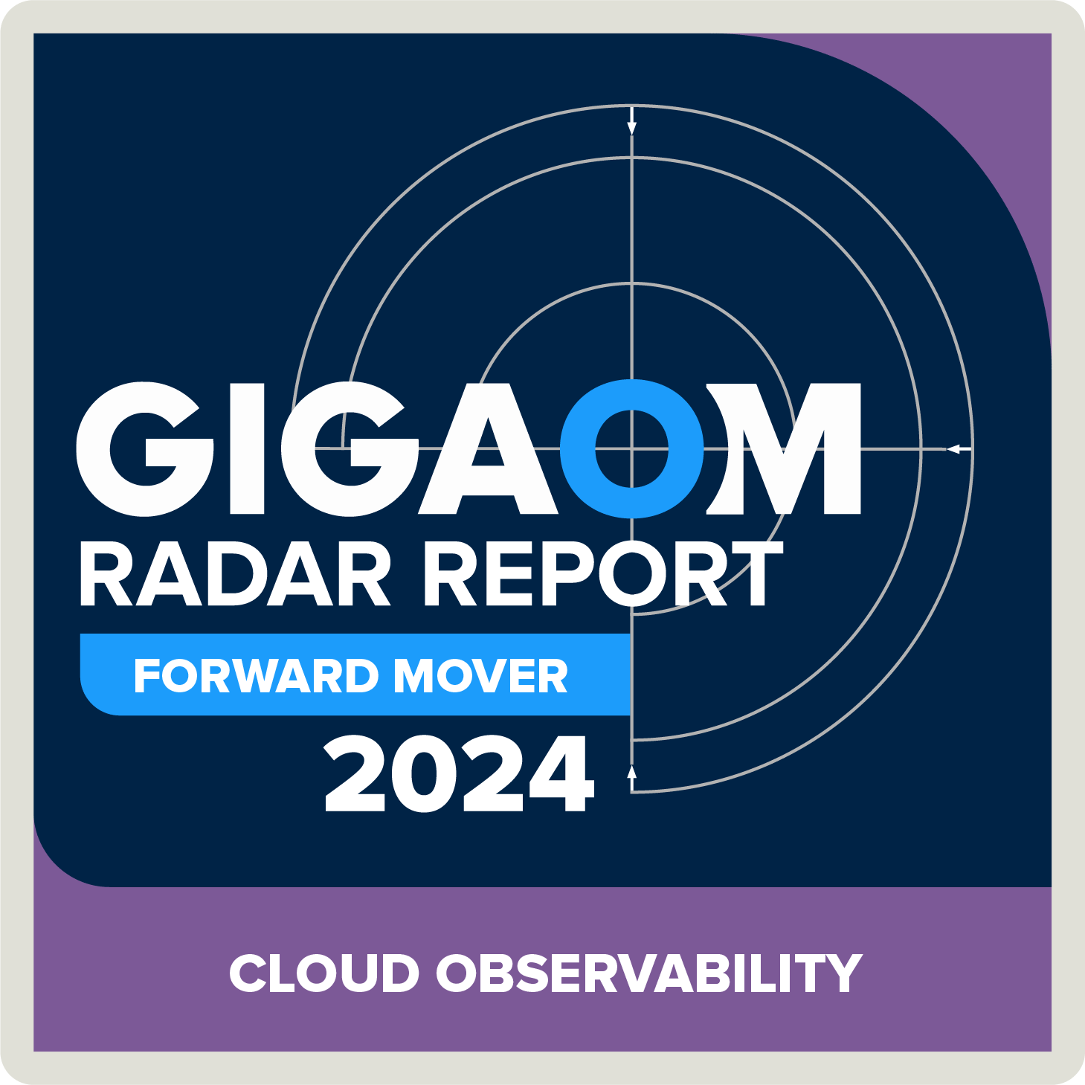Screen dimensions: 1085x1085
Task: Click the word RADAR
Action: click(x=234, y=573)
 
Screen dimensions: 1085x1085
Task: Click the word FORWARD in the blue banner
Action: click(x=256, y=676)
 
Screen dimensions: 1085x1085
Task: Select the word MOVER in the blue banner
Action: click(x=480, y=676)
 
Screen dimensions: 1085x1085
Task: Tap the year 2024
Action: click(x=459, y=775)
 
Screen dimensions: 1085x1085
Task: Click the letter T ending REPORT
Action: click(x=756, y=573)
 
